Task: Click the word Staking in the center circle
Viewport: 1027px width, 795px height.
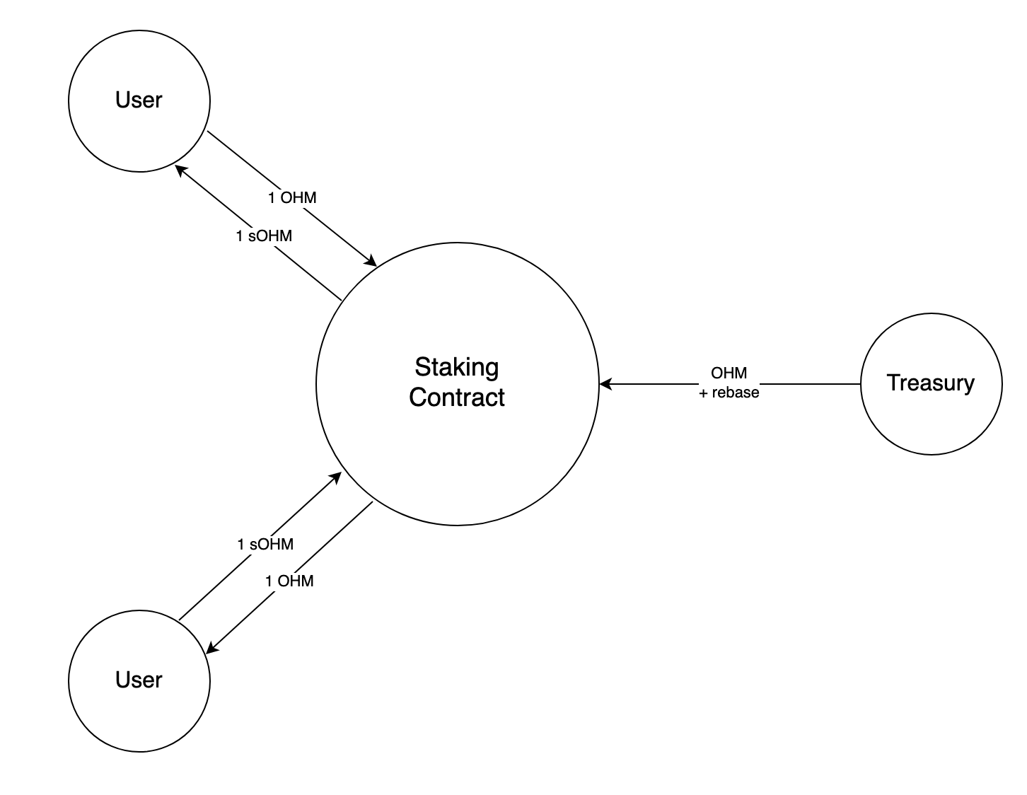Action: [456, 367]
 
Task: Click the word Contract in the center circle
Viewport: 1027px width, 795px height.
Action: [456, 397]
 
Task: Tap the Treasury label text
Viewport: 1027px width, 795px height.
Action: [930, 383]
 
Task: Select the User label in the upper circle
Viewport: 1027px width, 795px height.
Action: [139, 100]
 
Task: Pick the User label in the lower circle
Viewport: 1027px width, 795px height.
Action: [139, 680]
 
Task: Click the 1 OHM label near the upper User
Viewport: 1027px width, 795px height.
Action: [292, 197]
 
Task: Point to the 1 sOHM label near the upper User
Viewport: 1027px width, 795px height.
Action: [264, 236]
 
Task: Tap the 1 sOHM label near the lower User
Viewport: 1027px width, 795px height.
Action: [265, 545]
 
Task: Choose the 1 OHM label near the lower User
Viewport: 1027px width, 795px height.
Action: [289, 581]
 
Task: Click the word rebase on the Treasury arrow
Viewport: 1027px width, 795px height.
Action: [735, 393]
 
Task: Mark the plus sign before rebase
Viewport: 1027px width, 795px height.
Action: [703, 393]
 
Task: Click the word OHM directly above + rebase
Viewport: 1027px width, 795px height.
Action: [729, 373]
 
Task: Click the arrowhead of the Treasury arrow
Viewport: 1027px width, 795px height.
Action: [605, 384]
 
